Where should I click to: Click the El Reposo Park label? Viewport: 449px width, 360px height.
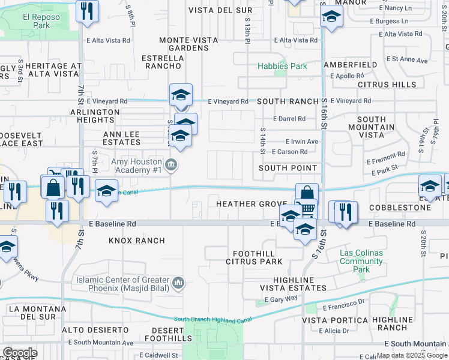pyautogui.click(x=42, y=22)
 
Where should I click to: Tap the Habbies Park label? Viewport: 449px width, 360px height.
pyautogui.click(x=282, y=66)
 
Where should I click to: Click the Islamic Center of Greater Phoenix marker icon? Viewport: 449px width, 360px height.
pyautogui.click(x=178, y=282)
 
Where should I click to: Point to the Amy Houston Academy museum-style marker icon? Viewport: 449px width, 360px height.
pyautogui.click(x=171, y=165)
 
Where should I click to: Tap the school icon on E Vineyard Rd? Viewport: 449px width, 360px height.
pyautogui.click(x=181, y=95)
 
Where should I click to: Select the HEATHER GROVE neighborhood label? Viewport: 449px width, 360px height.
pyautogui.click(x=252, y=205)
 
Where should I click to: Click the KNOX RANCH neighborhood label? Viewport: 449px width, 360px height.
pyautogui.click(x=137, y=241)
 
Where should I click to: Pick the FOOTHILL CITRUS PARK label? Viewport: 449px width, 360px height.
pyautogui.click(x=254, y=257)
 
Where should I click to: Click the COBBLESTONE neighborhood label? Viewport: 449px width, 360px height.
pyautogui.click(x=400, y=208)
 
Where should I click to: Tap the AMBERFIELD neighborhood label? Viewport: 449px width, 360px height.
pyautogui.click(x=350, y=64)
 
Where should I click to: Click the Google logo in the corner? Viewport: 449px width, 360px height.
pyautogui.click(x=20, y=353)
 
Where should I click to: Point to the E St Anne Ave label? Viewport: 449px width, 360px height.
pyautogui.click(x=408, y=60)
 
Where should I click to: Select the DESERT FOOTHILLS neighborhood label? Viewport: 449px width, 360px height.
pyautogui.click(x=159, y=335)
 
